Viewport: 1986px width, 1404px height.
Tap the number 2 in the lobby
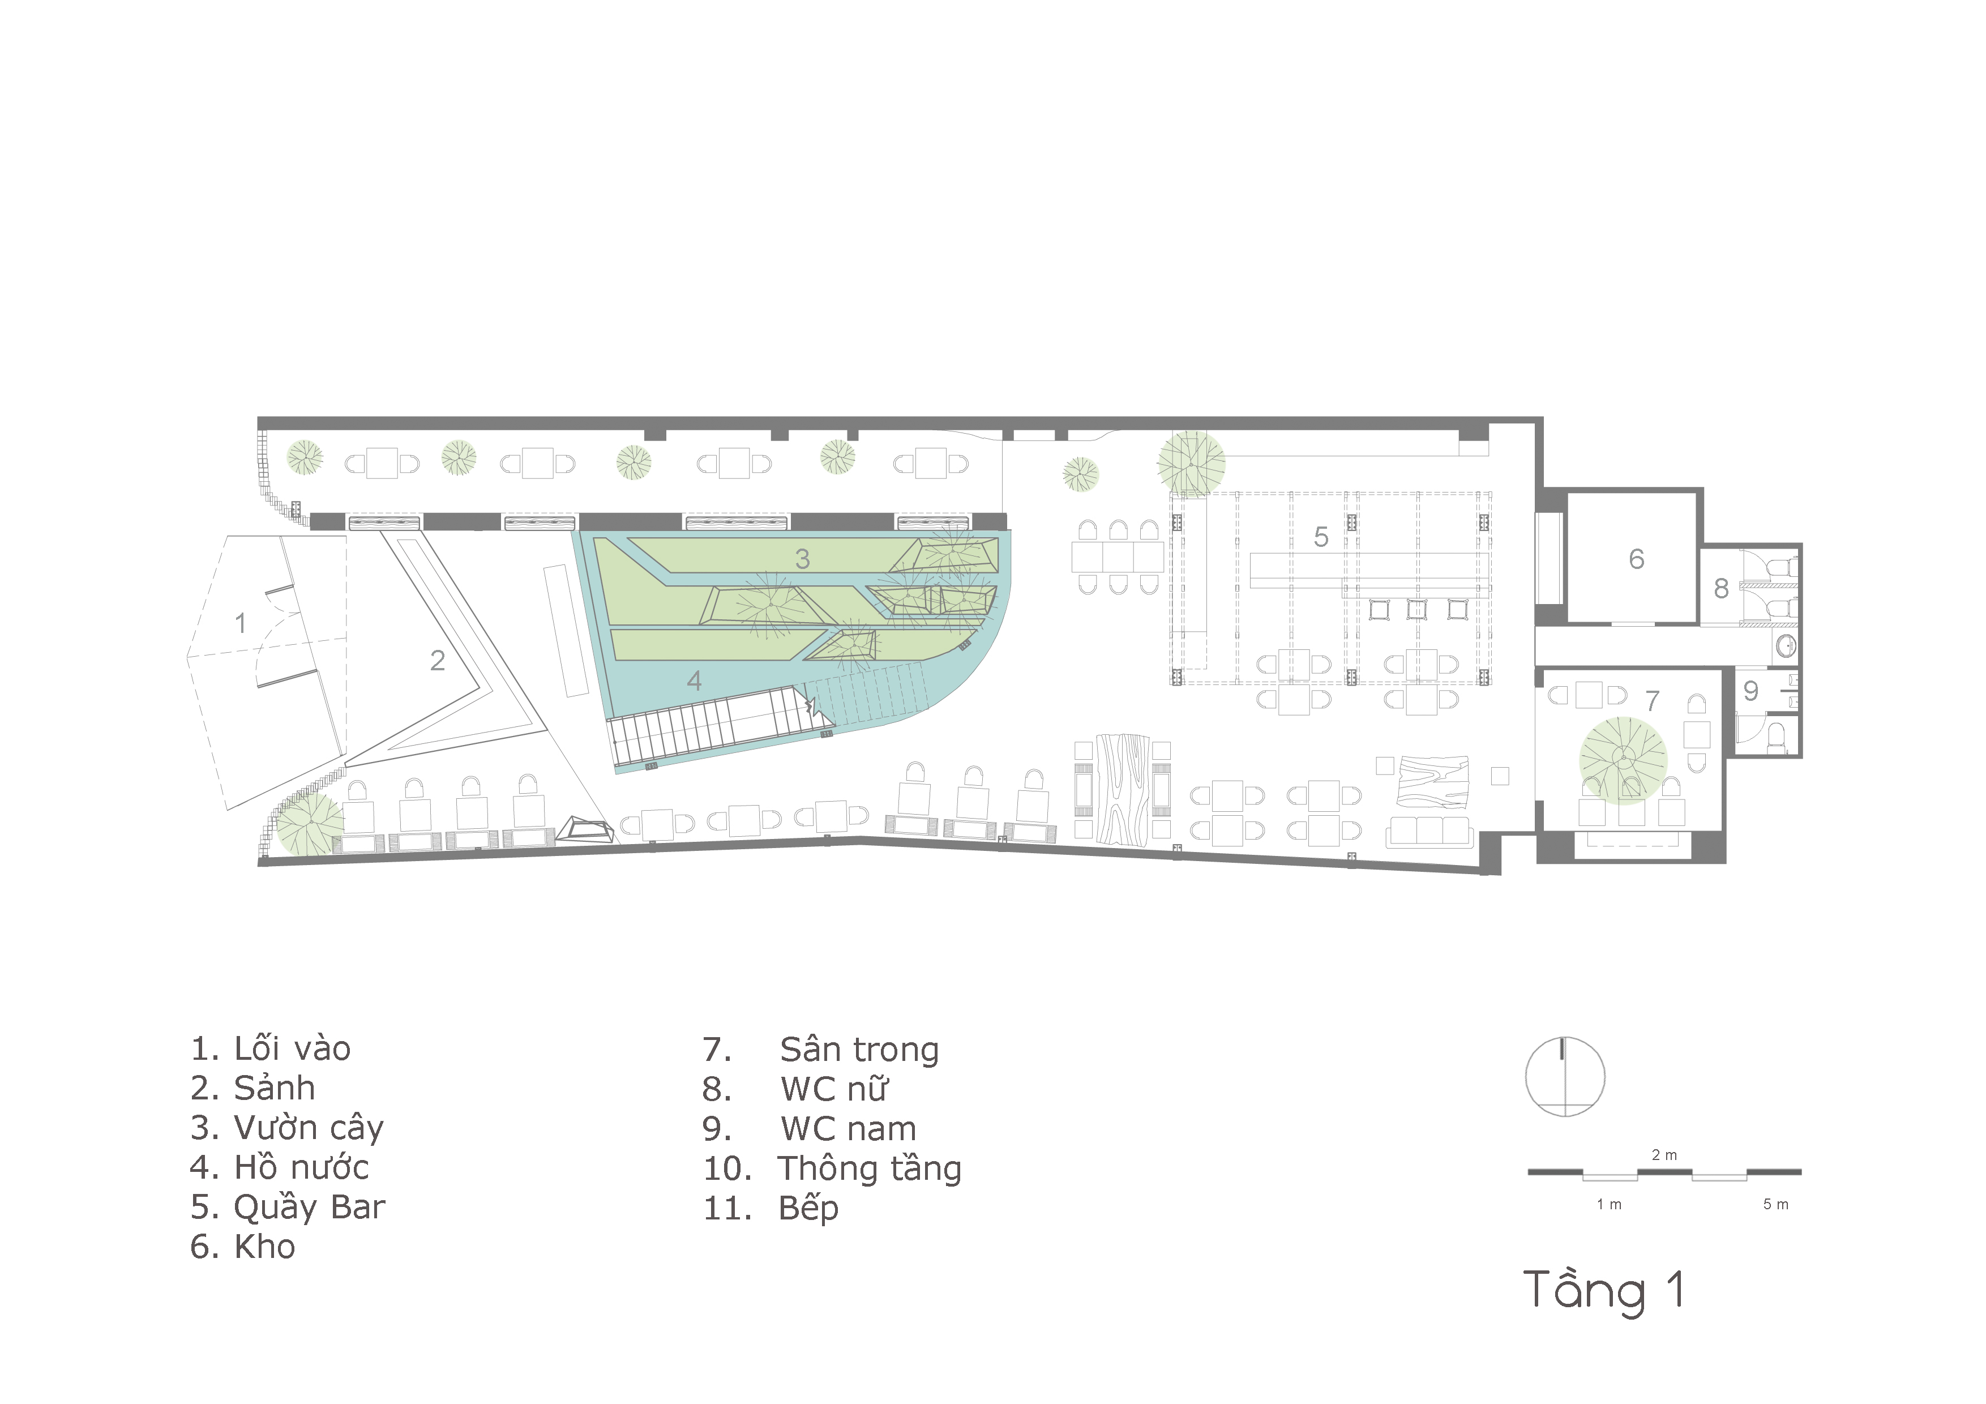tap(438, 660)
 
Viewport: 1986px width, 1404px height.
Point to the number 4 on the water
tap(694, 681)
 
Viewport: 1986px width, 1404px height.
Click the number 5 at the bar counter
tap(1321, 536)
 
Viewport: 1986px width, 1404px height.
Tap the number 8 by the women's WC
tap(1721, 588)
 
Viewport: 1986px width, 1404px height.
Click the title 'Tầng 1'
tap(1604, 1291)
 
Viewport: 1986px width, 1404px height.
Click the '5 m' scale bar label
tap(1776, 1204)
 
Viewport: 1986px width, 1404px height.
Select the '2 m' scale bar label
tap(1664, 1155)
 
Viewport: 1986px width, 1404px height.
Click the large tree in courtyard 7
tap(1623, 760)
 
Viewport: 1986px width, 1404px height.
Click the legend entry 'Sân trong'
tap(859, 1050)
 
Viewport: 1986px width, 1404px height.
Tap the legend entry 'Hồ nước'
tap(302, 1168)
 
